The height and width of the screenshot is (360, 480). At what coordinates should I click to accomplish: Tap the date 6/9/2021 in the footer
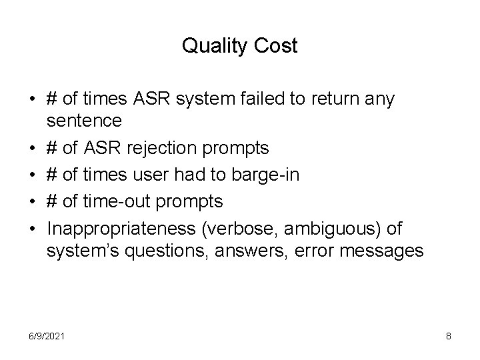point(47,337)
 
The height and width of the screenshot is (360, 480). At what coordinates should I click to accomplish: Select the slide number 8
point(449,337)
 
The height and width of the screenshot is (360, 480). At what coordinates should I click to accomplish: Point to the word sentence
point(84,121)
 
